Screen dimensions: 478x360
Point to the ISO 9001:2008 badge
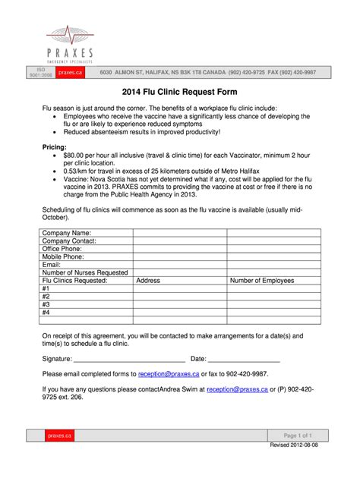click(40, 72)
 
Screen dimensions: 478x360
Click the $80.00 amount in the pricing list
click(77, 155)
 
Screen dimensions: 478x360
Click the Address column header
click(148, 280)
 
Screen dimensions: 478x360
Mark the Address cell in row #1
click(180, 288)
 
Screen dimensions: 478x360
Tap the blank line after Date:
click(245, 359)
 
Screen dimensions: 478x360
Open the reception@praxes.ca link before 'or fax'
click(166, 374)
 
